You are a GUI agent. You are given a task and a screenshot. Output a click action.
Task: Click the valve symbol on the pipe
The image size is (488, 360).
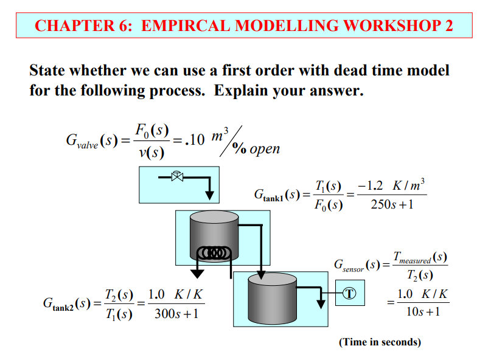click(x=177, y=177)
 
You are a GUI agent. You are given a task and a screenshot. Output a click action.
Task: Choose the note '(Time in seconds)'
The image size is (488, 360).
click(x=380, y=342)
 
